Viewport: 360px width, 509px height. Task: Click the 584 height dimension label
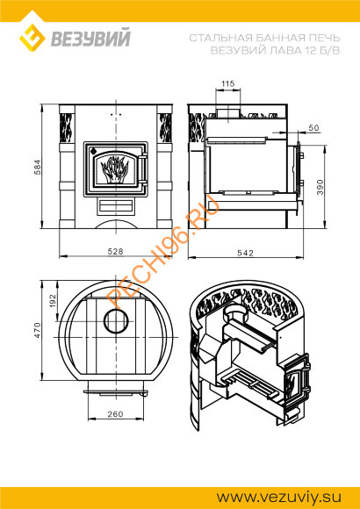[38, 167]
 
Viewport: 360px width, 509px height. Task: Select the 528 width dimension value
[116, 252]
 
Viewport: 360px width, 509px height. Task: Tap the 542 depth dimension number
[245, 253]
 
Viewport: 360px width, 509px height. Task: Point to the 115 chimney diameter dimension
[227, 83]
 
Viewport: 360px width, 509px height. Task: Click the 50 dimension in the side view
[313, 128]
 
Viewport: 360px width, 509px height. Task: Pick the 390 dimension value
[320, 187]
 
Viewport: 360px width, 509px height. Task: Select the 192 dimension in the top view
[54, 301]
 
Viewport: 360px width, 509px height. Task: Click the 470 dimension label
[38, 330]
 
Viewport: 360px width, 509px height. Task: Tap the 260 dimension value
[115, 414]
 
